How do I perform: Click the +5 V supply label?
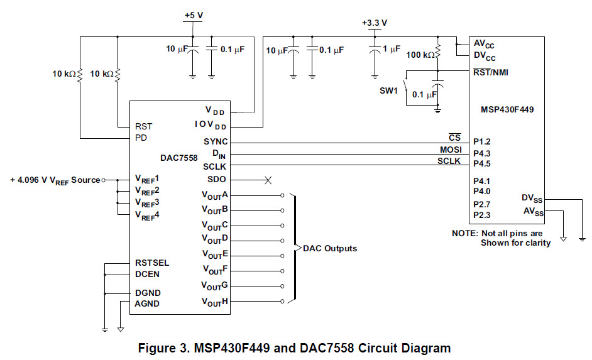coord(193,15)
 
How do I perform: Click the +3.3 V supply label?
coord(375,23)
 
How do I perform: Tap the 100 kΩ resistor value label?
coord(420,55)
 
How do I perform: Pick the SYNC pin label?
coord(216,142)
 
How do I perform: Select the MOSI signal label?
coord(450,150)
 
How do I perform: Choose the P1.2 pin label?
coord(483,143)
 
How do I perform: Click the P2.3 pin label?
coord(482,215)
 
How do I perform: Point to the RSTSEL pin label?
coord(152,263)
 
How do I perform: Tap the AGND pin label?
coord(147,303)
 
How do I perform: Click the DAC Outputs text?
coord(330,248)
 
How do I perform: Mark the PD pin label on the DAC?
coord(141,137)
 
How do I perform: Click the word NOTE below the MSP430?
coord(465,233)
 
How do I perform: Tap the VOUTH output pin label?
coord(214,302)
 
